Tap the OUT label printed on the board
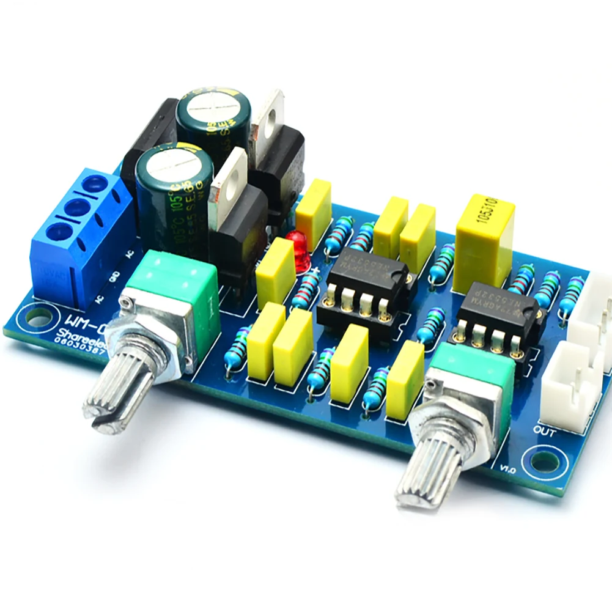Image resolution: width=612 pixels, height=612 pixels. tap(544, 432)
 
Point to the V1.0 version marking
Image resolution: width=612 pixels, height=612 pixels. tap(509, 470)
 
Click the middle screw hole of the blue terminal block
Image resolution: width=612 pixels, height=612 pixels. tap(77, 208)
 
